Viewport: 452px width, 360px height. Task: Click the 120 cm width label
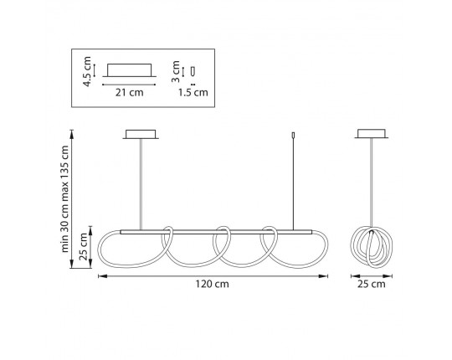(x=212, y=284)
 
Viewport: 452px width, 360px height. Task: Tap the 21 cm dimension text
(x=130, y=93)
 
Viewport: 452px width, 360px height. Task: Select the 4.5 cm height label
(x=87, y=71)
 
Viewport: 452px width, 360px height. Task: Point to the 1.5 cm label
(x=193, y=93)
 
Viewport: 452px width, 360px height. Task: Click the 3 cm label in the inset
(x=175, y=71)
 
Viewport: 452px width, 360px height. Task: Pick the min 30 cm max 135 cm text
(x=64, y=199)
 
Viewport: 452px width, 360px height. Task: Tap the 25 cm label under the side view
(x=372, y=284)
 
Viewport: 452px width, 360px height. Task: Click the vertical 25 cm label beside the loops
(x=83, y=247)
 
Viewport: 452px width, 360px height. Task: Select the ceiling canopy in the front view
(x=141, y=134)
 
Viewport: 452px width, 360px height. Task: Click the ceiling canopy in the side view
(x=372, y=134)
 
